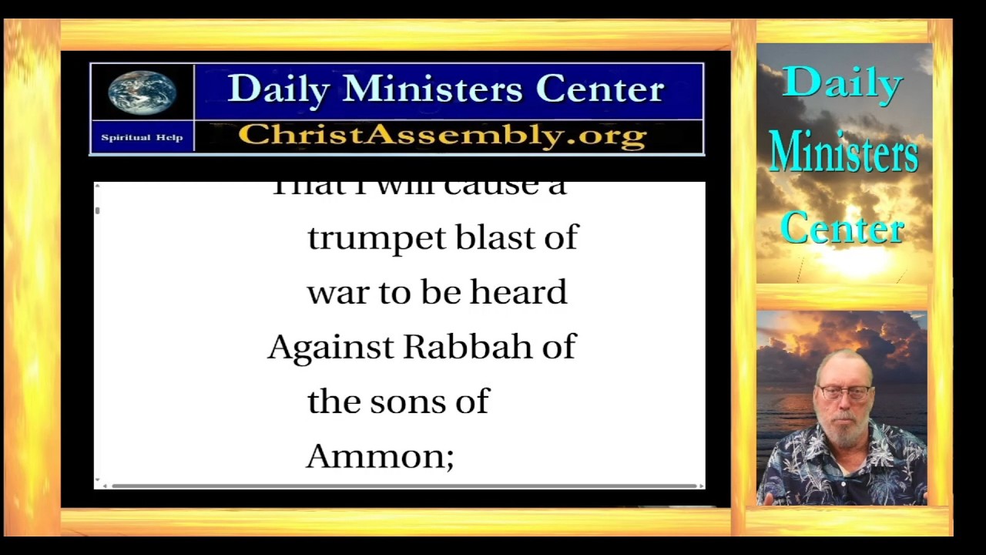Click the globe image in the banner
(142, 93)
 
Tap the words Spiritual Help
(142, 138)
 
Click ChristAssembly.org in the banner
(442, 136)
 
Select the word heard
(518, 293)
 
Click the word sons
(407, 402)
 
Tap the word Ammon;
(380, 457)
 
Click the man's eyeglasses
(844, 392)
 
